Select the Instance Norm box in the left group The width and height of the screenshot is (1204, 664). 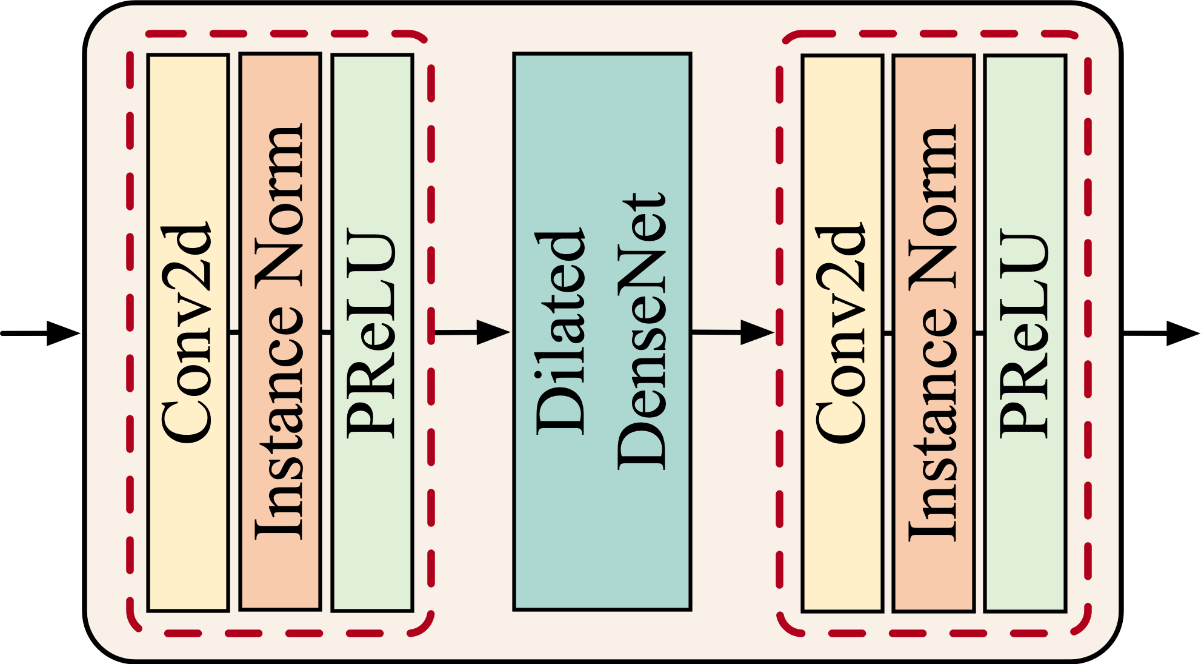coord(280,576)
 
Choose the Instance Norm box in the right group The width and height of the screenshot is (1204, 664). coord(933,576)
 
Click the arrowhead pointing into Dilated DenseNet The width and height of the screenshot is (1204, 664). coord(493,332)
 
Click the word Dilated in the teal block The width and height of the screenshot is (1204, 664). coord(560,332)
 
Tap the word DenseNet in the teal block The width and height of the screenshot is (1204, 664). coord(642,332)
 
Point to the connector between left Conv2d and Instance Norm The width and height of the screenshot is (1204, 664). coord(234,332)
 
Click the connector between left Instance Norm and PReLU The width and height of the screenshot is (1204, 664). coord(326,332)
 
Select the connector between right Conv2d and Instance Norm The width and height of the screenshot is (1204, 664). coord(888,332)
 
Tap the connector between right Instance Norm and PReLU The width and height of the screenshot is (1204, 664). coord(979,332)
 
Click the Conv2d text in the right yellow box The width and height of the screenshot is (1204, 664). coord(841,332)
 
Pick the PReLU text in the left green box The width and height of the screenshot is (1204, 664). coord(371,332)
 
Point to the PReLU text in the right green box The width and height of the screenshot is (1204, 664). coord(1024,332)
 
